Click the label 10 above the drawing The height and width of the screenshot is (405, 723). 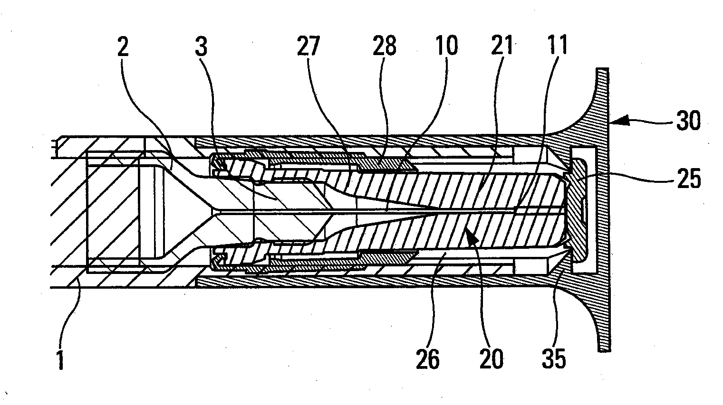point(446,46)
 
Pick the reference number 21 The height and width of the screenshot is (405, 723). point(502,46)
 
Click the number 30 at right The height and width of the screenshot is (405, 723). point(687,121)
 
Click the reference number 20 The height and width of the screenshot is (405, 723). point(491,358)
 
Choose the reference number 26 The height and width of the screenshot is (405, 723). point(427,358)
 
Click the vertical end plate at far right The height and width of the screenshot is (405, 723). point(603,209)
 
